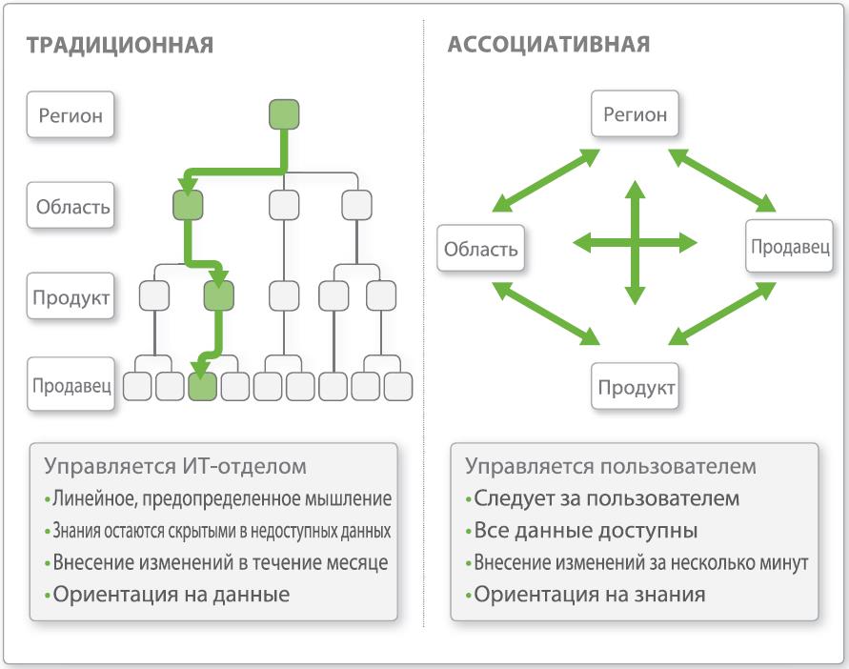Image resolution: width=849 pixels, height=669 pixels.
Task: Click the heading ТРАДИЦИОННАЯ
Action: tap(119, 45)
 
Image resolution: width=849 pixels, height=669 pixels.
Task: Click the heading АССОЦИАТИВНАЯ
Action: tap(549, 45)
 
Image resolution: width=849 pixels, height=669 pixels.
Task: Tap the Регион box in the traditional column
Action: tap(71, 116)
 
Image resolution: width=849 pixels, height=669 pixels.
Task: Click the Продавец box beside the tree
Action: tap(71, 386)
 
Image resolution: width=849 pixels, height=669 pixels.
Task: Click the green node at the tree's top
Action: tap(284, 114)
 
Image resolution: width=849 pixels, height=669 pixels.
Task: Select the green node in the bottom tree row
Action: tap(202, 386)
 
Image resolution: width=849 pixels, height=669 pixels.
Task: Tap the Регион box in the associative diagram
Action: tap(636, 115)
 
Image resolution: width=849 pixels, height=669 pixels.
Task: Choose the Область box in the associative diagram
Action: tap(481, 250)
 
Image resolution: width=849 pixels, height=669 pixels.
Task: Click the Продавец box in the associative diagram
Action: tap(790, 246)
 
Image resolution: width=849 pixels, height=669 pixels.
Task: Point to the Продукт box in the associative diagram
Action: tap(637, 388)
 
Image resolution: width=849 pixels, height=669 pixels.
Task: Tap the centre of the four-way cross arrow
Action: tap(636, 243)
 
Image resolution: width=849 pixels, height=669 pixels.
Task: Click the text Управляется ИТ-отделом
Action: tap(175, 467)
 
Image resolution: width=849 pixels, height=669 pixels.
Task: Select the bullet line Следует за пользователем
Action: tap(602, 498)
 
